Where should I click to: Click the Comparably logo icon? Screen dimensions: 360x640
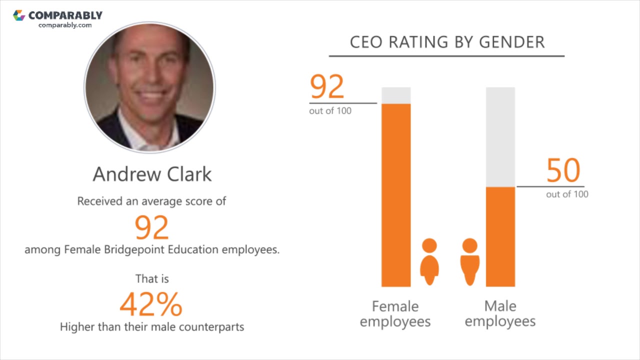pyautogui.click(x=19, y=15)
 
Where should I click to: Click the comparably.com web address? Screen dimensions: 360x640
pyautogui.click(x=65, y=25)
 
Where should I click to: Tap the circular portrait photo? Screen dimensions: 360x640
pyautogui.click(x=149, y=87)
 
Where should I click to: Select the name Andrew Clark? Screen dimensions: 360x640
pyautogui.click(x=152, y=174)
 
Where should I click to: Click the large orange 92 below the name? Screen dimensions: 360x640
pyautogui.click(x=152, y=227)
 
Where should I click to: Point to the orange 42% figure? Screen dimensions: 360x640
pyautogui.click(x=151, y=304)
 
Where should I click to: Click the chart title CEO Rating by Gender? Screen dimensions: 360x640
pyautogui.click(x=447, y=42)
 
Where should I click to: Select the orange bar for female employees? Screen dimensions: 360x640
pyautogui.click(x=396, y=195)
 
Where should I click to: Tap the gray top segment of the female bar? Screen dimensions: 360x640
pyautogui.click(x=396, y=95)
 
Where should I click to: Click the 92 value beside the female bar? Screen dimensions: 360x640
pyautogui.click(x=327, y=86)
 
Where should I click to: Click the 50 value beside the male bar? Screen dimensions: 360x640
pyautogui.click(x=563, y=170)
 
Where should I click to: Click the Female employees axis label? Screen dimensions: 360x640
pyautogui.click(x=395, y=313)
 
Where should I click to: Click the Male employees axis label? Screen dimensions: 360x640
pyautogui.click(x=500, y=313)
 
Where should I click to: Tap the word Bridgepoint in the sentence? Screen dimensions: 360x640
pyautogui.click(x=135, y=249)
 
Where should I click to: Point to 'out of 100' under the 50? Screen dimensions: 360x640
pyautogui.click(x=567, y=194)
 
